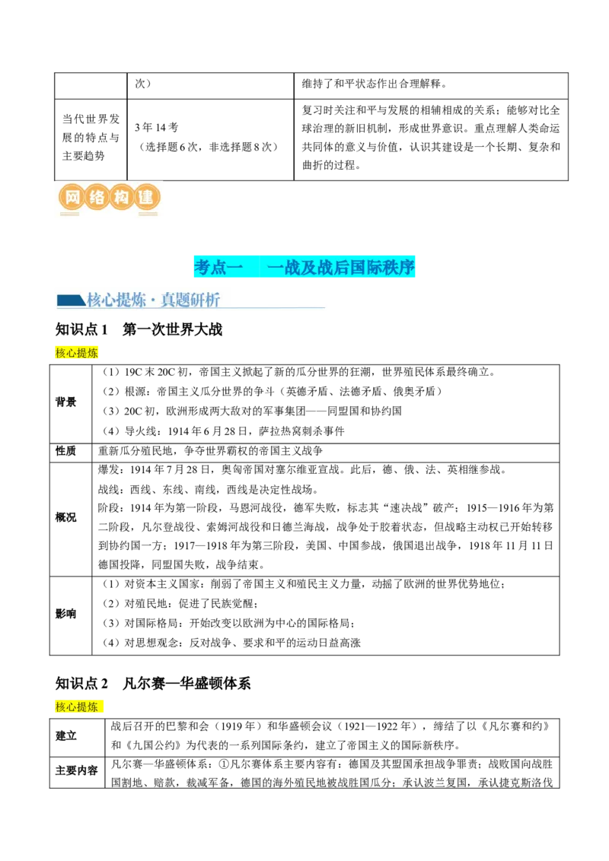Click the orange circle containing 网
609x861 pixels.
coord(72,198)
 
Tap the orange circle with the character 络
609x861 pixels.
coord(97,198)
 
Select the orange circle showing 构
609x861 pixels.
coord(121,198)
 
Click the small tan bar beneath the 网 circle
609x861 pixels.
coord(69,214)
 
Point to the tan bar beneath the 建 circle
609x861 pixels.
coord(148,214)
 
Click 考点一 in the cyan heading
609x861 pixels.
coord(218,267)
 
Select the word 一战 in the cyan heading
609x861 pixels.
coord(285,267)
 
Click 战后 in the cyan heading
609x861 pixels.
coord(335,267)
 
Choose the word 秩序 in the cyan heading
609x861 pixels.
coord(400,267)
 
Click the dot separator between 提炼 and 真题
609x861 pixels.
coord(154,300)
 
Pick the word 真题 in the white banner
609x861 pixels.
coord(176,300)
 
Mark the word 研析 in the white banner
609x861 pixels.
coord(206,300)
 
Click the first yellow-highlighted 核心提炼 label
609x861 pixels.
coord(77,352)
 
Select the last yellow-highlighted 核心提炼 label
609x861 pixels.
coord(77,707)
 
